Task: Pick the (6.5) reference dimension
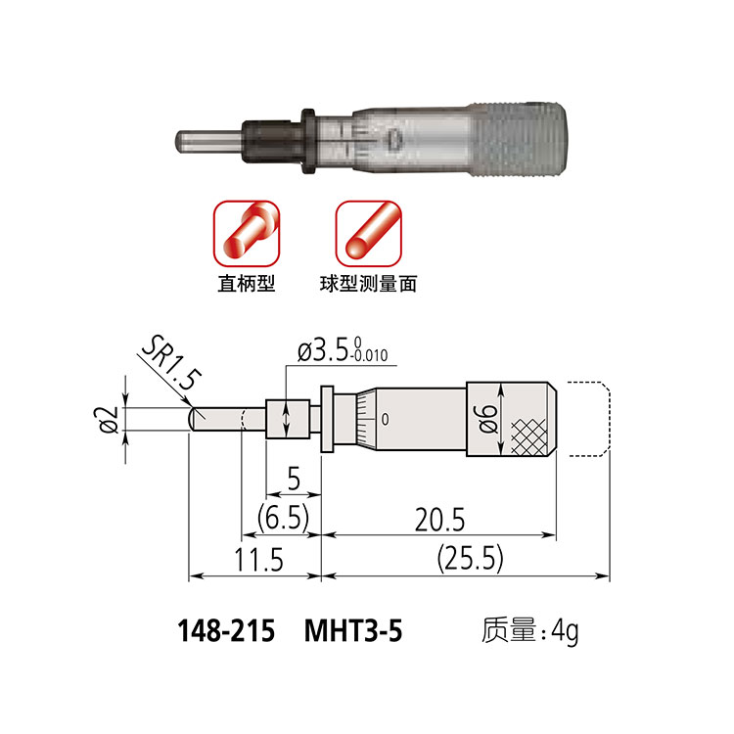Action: (282, 517)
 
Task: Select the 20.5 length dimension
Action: (439, 517)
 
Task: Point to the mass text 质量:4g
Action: (529, 631)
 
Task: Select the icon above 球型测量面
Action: (369, 232)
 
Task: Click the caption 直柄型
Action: (246, 285)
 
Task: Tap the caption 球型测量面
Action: (369, 285)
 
